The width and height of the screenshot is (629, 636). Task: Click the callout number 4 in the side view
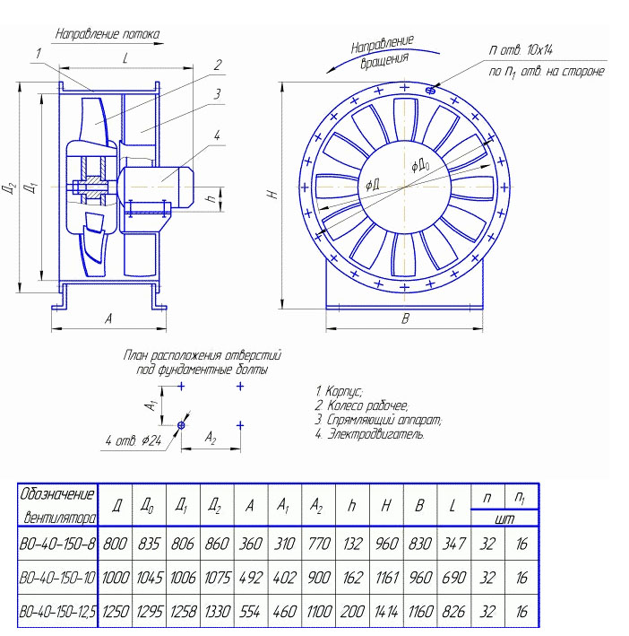point(217,135)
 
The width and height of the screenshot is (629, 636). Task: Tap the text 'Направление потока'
point(108,35)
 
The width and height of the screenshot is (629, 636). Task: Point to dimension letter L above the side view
point(125,58)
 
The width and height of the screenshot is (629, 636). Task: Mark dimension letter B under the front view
point(405,319)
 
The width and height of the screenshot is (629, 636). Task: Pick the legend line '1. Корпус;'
point(338,392)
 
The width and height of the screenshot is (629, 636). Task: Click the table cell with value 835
point(149,544)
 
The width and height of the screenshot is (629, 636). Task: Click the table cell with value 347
point(453,544)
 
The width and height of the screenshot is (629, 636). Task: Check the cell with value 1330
point(216,613)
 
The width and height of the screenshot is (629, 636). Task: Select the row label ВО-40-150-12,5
point(58,613)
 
